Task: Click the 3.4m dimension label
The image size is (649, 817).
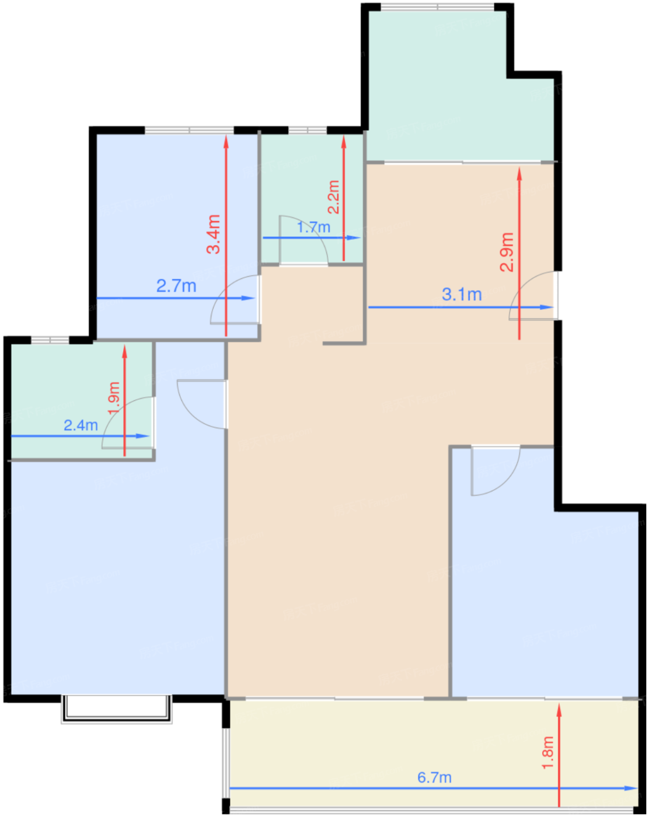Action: coord(214,234)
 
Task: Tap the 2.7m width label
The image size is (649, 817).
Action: coord(176,286)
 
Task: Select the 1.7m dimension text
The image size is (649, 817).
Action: coord(313,228)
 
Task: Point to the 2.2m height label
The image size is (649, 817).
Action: coord(333,197)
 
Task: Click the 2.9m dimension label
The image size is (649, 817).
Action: coord(507,252)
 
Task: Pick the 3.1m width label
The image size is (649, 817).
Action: coord(462,295)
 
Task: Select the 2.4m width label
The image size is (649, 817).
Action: coord(81,425)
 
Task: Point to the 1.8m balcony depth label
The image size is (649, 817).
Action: coord(547,752)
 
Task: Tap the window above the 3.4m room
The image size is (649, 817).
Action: coord(189,130)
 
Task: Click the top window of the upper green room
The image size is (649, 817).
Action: coord(438,7)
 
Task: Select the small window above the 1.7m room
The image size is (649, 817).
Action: coord(308,130)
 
